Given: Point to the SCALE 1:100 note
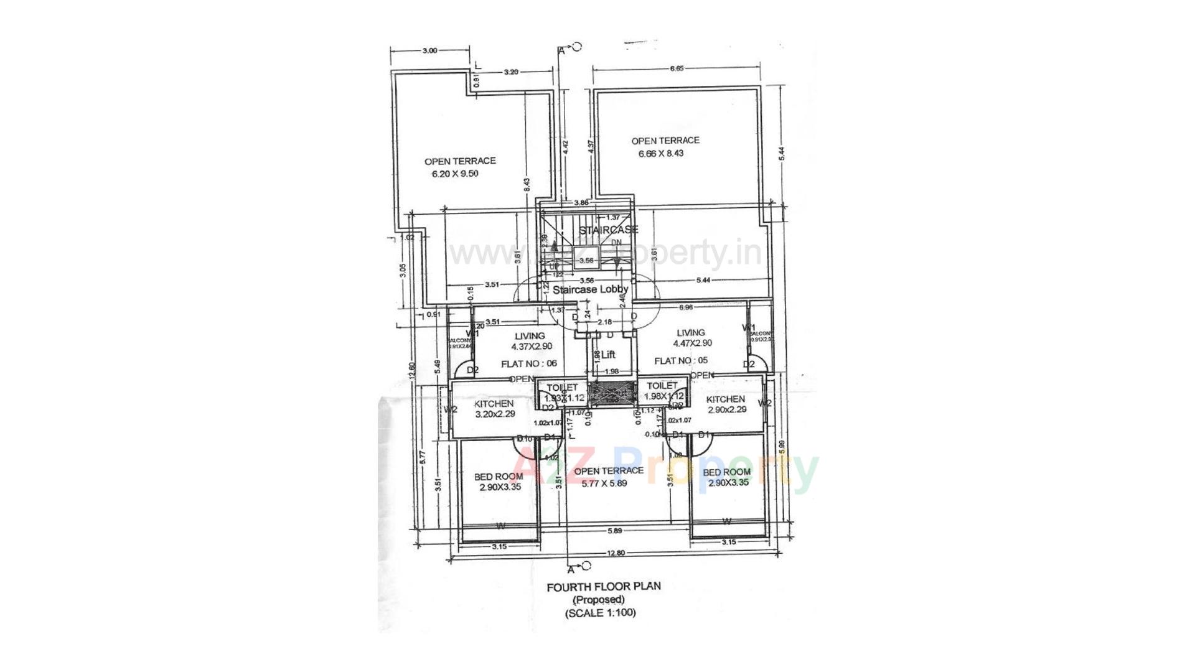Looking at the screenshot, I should (x=600, y=613).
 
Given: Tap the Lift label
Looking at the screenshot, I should (x=608, y=355).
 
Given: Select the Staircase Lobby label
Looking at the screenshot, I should (x=590, y=289).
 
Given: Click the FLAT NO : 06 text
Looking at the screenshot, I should (x=528, y=363).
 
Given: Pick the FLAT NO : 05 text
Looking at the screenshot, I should (x=681, y=361).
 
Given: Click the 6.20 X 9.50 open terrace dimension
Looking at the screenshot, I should (x=455, y=174).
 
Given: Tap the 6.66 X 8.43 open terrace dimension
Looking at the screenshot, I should (x=660, y=153).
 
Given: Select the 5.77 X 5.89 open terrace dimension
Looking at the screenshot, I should (x=600, y=483).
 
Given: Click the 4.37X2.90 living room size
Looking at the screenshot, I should (x=532, y=347).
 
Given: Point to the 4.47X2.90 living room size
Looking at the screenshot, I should (x=692, y=343).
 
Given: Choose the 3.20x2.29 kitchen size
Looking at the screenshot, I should (x=495, y=414).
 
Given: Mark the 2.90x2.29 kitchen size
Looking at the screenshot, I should (x=726, y=409).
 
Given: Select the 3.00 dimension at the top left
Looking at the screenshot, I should (x=429, y=51).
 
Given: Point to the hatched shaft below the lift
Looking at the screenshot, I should (x=612, y=393).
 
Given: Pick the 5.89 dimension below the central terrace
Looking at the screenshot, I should (x=615, y=531).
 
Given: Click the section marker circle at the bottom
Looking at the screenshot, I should (x=586, y=566).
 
